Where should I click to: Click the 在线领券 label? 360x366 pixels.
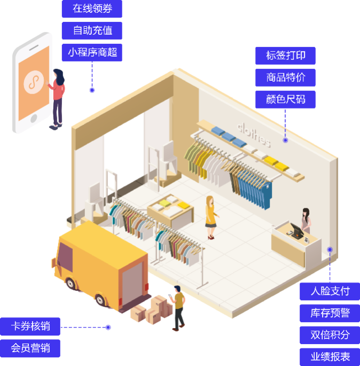tap(91, 9)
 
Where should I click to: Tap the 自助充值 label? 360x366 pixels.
tap(91, 30)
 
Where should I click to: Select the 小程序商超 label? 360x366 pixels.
tap(91, 52)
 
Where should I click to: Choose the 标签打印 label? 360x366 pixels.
tap(286, 56)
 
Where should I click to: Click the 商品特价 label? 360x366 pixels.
tap(286, 77)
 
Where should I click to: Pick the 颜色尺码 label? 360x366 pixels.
tap(286, 99)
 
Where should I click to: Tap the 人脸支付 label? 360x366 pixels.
tap(330, 291)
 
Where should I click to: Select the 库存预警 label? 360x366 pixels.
tap(330, 313)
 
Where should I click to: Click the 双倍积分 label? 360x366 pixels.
tap(330, 334)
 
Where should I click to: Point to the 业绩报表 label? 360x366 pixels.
tap(330, 356)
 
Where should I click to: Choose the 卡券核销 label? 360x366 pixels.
tap(30, 326)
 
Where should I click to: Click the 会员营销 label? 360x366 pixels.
tap(30, 348)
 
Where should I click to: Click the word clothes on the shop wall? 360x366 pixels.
tap(254, 135)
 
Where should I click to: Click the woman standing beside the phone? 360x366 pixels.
tap(58, 99)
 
